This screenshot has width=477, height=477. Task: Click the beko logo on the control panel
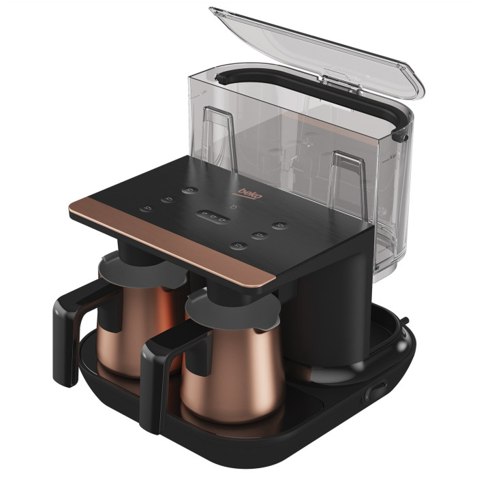(x=250, y=194)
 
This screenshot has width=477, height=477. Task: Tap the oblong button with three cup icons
(x=213, y=217)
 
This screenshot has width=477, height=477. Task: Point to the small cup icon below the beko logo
(x=234, y=207)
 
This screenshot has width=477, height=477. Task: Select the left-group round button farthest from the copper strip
(x=190, y=190)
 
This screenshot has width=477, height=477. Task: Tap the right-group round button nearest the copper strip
(x=238, y=246)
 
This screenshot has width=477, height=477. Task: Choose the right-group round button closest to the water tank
(x=280, y=226)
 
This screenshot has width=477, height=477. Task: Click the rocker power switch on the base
(x=376, y=392)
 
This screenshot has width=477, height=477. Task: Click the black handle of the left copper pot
(x=71, y=328)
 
